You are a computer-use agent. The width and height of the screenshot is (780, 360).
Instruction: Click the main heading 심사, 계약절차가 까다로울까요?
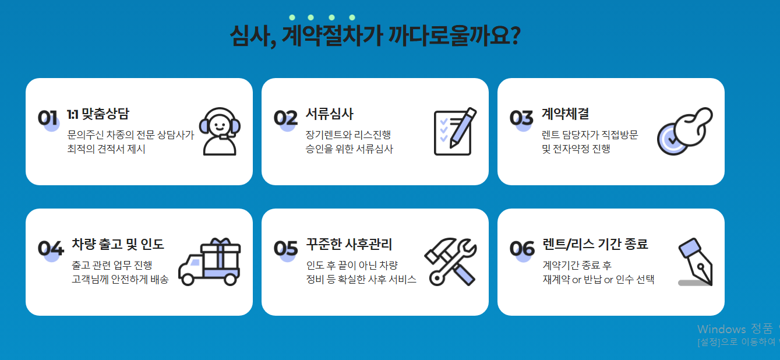click(x=375, y=37)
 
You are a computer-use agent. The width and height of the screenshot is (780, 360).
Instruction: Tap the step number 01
click(x=48, y=118)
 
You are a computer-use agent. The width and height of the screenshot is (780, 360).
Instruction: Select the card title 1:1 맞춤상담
click(x=98, y=114)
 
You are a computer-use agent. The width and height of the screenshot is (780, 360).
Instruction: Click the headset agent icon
click(x=220, y=132)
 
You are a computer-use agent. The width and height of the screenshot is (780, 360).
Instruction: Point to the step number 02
click(x=285, y=118)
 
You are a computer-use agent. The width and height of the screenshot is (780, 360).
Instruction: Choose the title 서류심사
click(x=329, y=114)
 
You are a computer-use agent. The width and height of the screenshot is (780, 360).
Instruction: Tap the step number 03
click(x=521, y=118)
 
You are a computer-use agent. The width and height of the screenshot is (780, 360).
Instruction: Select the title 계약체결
click(x=565, y=114)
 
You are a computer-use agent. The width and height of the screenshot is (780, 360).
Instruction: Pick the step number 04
click(x=51, y=248)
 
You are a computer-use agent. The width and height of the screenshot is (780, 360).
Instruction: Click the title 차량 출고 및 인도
click(x=118, y=244)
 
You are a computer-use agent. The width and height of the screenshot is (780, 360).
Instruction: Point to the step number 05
click(x=286, y=248)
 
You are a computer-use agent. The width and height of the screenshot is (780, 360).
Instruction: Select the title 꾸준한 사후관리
click(x=349, y=244)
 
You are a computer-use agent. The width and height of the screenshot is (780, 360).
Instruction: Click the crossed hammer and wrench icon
click(x=451, y=262)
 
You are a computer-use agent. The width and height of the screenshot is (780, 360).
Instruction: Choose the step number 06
click(x=522, y=248)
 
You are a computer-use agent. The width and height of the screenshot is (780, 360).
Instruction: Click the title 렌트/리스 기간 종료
click(x=595, y=244)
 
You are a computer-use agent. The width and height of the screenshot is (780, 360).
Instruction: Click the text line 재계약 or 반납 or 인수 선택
click(x=598, y=280)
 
